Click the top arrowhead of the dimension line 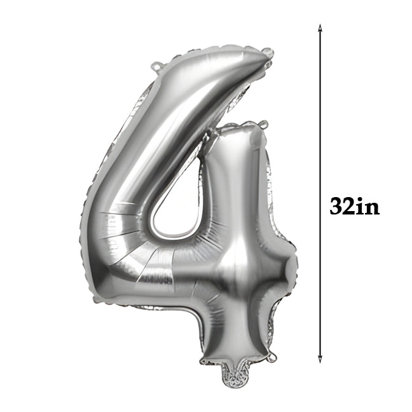(x=320, y=27)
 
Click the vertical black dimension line (x=320, y=193)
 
